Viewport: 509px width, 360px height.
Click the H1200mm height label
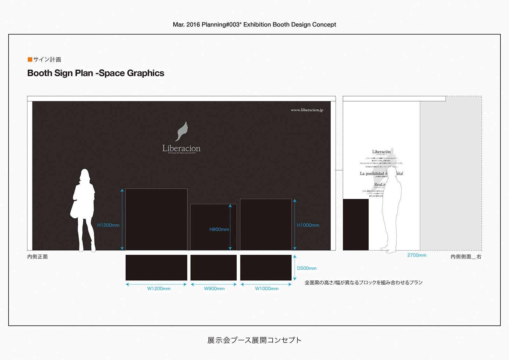(108, 225)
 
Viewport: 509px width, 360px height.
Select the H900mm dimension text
(219, 229)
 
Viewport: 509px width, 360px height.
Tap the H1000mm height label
(308, 225)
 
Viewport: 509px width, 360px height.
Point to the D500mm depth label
(307, 268)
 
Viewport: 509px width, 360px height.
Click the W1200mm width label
(159, 289)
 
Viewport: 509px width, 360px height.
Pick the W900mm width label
(214, 289)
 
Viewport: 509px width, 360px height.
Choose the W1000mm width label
(267, 289)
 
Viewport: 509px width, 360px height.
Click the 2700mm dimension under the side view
(417, 255)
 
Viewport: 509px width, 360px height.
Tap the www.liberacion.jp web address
(307, 110)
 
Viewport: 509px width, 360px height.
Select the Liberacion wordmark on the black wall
(181, 148)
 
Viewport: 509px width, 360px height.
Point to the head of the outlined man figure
(392, 172)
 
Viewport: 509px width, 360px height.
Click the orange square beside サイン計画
(30, 60)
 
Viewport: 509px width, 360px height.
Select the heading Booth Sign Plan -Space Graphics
(96, 73)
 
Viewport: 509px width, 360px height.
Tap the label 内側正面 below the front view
(38, 257)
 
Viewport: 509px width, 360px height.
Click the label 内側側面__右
(466, 257)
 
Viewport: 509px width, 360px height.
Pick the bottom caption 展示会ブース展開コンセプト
(254, 340)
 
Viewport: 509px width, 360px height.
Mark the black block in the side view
(356, 225)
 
